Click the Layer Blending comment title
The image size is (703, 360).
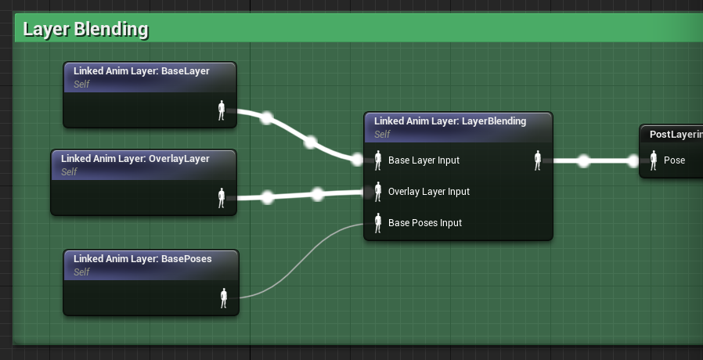tap(85, 30)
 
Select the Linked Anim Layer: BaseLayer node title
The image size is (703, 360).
tap(141, 71)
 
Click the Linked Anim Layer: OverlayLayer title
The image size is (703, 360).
tap(135, 159)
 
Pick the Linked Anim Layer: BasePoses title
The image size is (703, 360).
tap(142, 259)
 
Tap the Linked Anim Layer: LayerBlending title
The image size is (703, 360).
tap(450, 121)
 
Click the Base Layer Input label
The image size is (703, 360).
tap(424, 160)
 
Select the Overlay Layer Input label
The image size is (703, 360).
tap(429, 192)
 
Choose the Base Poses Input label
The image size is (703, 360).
tap(425, 223)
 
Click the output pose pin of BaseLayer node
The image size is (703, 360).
tap(222, 110)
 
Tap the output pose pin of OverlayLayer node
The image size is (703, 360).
tap(222, 198)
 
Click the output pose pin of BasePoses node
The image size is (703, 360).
tap(224, 298)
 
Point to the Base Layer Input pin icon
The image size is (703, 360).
tap(378, 160)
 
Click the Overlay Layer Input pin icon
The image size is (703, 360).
tap(378, 192)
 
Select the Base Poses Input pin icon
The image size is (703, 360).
tap(378, 223)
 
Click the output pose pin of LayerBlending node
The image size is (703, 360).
tap(538, 160)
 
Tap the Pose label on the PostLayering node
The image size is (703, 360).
tap(674, 160)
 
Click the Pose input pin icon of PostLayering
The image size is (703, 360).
tap(654, 160)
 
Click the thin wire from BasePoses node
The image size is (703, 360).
tap(301, 261)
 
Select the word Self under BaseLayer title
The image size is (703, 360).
tap(81, 85)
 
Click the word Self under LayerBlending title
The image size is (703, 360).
tap(383, 135)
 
